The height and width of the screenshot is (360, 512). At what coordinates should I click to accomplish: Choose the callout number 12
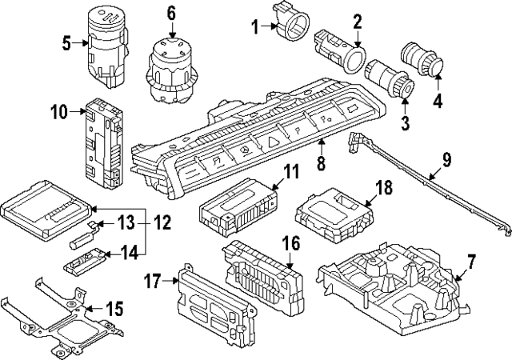tap(162, 222)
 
